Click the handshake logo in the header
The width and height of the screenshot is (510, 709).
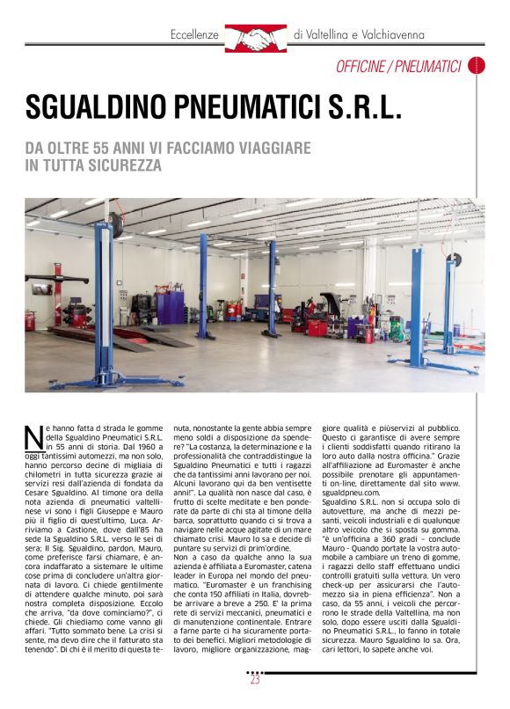point(256,37)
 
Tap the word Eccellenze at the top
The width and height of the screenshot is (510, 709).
point(193,35)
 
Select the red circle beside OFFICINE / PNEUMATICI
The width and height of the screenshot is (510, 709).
point(477,65)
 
